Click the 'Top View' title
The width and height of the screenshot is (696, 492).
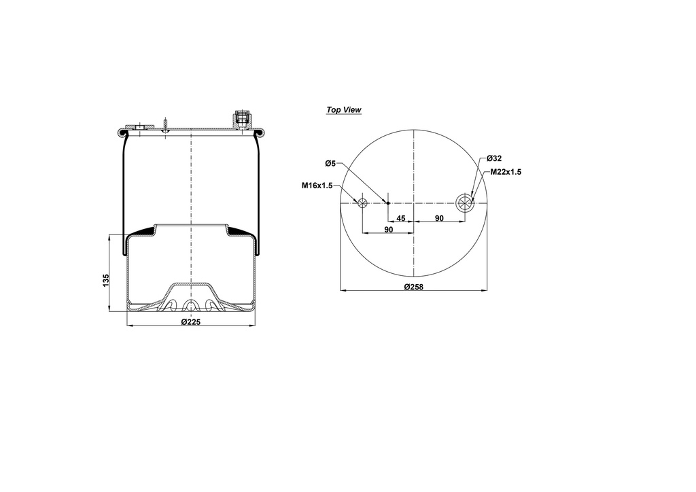pyautogui.click(x=344, y=110)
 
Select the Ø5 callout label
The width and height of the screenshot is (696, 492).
pyautogui.click(x=330, y=163)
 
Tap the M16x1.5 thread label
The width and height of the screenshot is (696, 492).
pyautogui.click(x=317, y=186)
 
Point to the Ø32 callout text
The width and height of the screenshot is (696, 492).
pyautogui.click(x=494, y=158)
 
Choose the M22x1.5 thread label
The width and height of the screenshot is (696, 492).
pyautogui.click(x=506, y=173)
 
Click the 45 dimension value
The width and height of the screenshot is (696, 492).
pyautogui.click(x=401, y=218)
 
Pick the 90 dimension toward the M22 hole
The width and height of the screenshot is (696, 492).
pyautogui.click(x=439, y=218)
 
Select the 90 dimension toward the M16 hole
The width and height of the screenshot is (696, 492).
pyautogui.click(x=388, y=230)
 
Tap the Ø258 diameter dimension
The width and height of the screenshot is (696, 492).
pyautogui.click(x=413, y=287)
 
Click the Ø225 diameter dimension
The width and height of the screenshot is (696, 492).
pyautogui.click(x=191, y=322)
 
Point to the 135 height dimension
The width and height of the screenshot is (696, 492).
pyautogui.click(x=105, y=280)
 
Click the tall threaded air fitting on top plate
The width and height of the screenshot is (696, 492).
pyautogui.click(x=240, y=118)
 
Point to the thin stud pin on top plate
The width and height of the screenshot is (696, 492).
pyautogui.click(x=165, y=125)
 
